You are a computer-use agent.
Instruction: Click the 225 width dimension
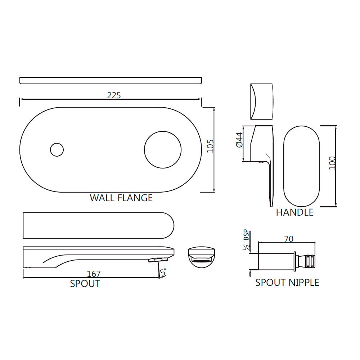pyautogui.click(x=114, y=95)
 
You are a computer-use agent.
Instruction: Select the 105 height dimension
pyautogui.click(x=211, y=146)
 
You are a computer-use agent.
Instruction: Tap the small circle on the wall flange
pyautogui.click(x=57, y=149)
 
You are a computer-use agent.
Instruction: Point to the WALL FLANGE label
pyautogui.click(x=121, y=198)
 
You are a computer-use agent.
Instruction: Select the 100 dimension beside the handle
pyautogui.click(x=332, y=163)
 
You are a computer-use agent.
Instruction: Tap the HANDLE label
pyautogui.click(x=294, y=212)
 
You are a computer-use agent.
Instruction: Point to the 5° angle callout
pyautogui.click(x=163, y=272)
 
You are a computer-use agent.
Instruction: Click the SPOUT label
pyautogui.click(x=85, y=284)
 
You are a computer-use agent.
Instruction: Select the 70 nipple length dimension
pyautogui.click(x=289, y=239)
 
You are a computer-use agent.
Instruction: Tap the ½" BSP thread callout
pyautogui.click(x=247, y=240)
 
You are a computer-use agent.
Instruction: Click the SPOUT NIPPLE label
pyautogui.click(x=287, y=282)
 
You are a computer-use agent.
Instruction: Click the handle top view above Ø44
pyautogui.click(x=262, y=102)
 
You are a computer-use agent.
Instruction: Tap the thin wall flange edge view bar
pyautogui.click(x=110, y=80)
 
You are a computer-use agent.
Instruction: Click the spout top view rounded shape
pyautogui.click(x=98, y=225)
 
